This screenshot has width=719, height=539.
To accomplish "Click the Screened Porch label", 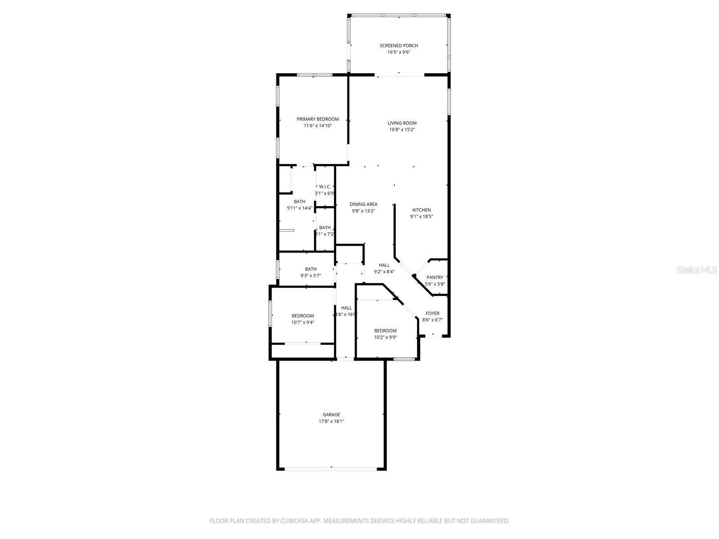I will [x=399, y=45].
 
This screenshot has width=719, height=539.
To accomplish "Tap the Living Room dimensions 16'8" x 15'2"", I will [x=402, y=129].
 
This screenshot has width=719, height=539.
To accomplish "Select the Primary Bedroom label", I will [x=318, y=119].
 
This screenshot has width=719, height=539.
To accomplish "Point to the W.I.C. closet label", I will [x=325, y=186].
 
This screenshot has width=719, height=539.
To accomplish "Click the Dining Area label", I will [x=364, y=204].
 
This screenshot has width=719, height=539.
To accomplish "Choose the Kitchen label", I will [x=422, y=210].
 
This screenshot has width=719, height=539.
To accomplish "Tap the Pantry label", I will [x=435, y=278].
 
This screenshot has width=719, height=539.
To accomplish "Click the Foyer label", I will [x=433, y=314].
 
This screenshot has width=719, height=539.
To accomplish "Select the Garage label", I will [x=331, y=415].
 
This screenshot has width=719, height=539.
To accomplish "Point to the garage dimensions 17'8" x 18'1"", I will [x=331, y=421].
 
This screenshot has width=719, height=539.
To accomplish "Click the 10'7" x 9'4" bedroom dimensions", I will [x=303, y=322].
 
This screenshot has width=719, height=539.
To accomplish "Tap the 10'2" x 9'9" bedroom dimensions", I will [x=386, y=337].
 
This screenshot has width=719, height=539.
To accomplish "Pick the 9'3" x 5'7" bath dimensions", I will [x=311, y=276].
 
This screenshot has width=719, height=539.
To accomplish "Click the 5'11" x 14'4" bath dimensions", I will [x=300, y=208].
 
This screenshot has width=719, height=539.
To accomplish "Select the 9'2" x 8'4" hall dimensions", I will [x=384, y=271].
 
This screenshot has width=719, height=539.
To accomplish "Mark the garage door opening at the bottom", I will [x=331, y=468].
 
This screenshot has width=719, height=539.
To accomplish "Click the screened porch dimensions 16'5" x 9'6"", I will [x=399, y=52].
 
